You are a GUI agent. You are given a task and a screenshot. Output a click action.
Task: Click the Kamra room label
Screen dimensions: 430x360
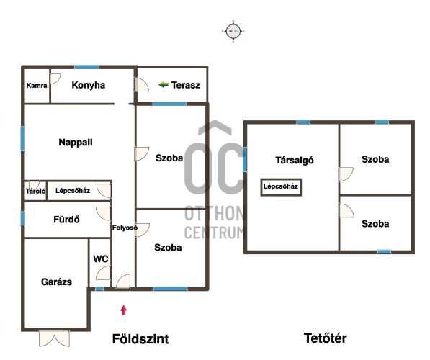[37, 86]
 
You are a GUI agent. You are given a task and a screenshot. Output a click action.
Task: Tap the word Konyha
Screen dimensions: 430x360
[89, 85]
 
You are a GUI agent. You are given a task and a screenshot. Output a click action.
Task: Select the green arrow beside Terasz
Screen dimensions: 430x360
[164, 85]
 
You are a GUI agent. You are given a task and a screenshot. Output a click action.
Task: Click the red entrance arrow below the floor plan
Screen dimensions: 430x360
[124, 310]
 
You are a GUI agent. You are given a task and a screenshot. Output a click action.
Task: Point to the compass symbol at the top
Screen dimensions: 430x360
[233, 32]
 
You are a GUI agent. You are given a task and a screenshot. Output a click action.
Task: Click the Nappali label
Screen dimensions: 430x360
[76, 143]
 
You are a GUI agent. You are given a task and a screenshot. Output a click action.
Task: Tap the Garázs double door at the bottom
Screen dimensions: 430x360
[54, 338]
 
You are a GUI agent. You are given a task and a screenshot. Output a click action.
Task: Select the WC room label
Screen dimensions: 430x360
[101, 258]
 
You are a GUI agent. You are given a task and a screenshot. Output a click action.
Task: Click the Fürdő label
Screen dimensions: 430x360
[66, 220]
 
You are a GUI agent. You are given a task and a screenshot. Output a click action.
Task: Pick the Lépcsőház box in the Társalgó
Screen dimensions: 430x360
[281, 187]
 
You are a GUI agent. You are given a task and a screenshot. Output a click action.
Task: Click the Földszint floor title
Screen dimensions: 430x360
[140, 339]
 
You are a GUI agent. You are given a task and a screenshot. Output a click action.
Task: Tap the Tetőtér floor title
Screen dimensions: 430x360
[326, 338]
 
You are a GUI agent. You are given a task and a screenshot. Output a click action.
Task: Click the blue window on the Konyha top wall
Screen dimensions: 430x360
[87, 67]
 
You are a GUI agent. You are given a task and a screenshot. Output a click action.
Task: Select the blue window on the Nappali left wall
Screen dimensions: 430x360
[22, 138]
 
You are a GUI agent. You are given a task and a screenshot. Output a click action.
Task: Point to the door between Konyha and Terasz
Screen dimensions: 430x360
[141, 85]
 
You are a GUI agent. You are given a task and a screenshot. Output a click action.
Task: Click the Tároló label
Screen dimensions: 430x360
[35, 191]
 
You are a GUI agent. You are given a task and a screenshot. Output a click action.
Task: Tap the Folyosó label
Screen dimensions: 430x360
[125, 228]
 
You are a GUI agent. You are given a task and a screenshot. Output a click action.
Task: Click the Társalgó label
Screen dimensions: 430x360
[295, 160]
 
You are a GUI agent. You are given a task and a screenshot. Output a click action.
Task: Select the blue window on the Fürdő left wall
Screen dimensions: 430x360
[22, 218]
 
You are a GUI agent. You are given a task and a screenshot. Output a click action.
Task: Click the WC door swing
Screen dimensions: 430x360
[104, 273]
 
